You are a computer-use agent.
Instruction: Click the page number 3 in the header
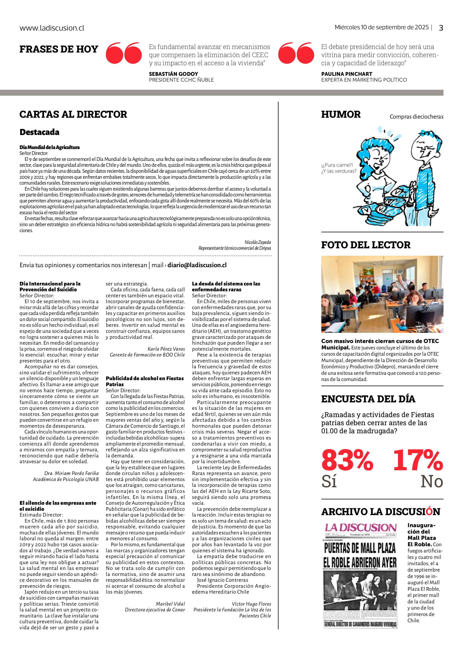(441, 28)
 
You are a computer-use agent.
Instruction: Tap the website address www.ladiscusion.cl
(52, 28)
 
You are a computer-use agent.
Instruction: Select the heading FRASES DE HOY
(59, 49)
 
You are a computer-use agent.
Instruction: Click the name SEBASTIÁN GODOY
(174, 74)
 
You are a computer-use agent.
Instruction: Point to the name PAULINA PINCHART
(347, 74)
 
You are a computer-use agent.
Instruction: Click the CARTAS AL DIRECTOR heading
(73, 114)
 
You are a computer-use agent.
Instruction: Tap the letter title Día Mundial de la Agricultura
(50, 147)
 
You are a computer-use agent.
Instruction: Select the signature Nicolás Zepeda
(258, 242)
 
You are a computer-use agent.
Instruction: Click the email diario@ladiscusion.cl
(197, 265)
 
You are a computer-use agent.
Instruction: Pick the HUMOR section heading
(341, 114)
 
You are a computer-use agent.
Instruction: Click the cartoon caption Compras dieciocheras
(416, 117)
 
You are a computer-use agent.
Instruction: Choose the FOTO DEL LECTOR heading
(366, 245)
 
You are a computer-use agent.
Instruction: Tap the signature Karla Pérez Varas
(166, 349)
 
